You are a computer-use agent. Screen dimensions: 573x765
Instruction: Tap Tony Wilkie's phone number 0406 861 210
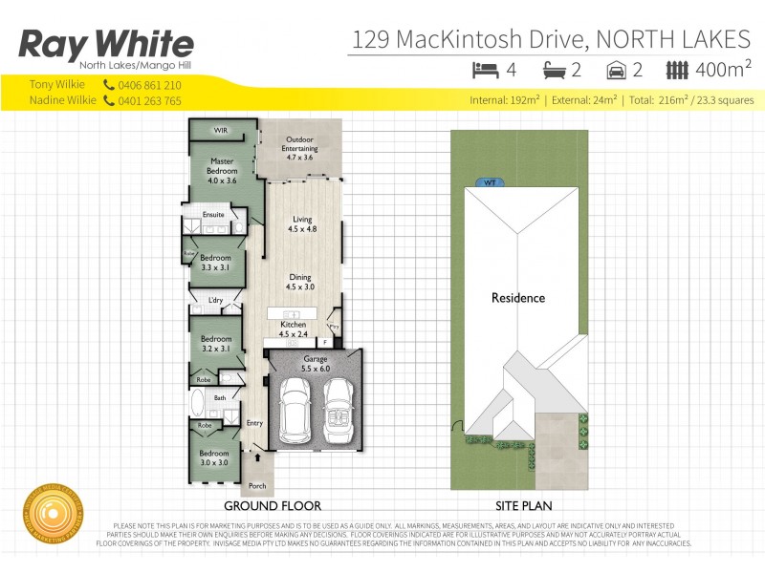148,85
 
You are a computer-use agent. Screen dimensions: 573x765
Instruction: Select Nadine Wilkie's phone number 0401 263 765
148,100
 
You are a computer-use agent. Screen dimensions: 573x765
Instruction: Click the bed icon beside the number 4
486,69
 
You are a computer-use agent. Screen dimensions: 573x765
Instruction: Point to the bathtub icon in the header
555,69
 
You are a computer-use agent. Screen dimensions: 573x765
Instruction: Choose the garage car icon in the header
618,69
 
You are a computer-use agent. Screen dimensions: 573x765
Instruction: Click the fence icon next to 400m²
677,69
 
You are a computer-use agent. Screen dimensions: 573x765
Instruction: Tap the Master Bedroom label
221,170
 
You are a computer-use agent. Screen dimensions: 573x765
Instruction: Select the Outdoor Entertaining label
299,147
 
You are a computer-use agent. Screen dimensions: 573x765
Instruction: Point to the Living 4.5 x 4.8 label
302,224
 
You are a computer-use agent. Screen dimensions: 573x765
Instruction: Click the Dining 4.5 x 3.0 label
300,282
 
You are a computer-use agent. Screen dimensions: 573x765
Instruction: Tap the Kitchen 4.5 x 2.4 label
293,329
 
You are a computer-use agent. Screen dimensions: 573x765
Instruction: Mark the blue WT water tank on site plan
491,181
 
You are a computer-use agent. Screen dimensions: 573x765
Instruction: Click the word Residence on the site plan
518,298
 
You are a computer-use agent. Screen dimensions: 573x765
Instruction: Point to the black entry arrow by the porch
256,457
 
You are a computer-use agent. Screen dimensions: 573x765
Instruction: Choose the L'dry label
215,302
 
